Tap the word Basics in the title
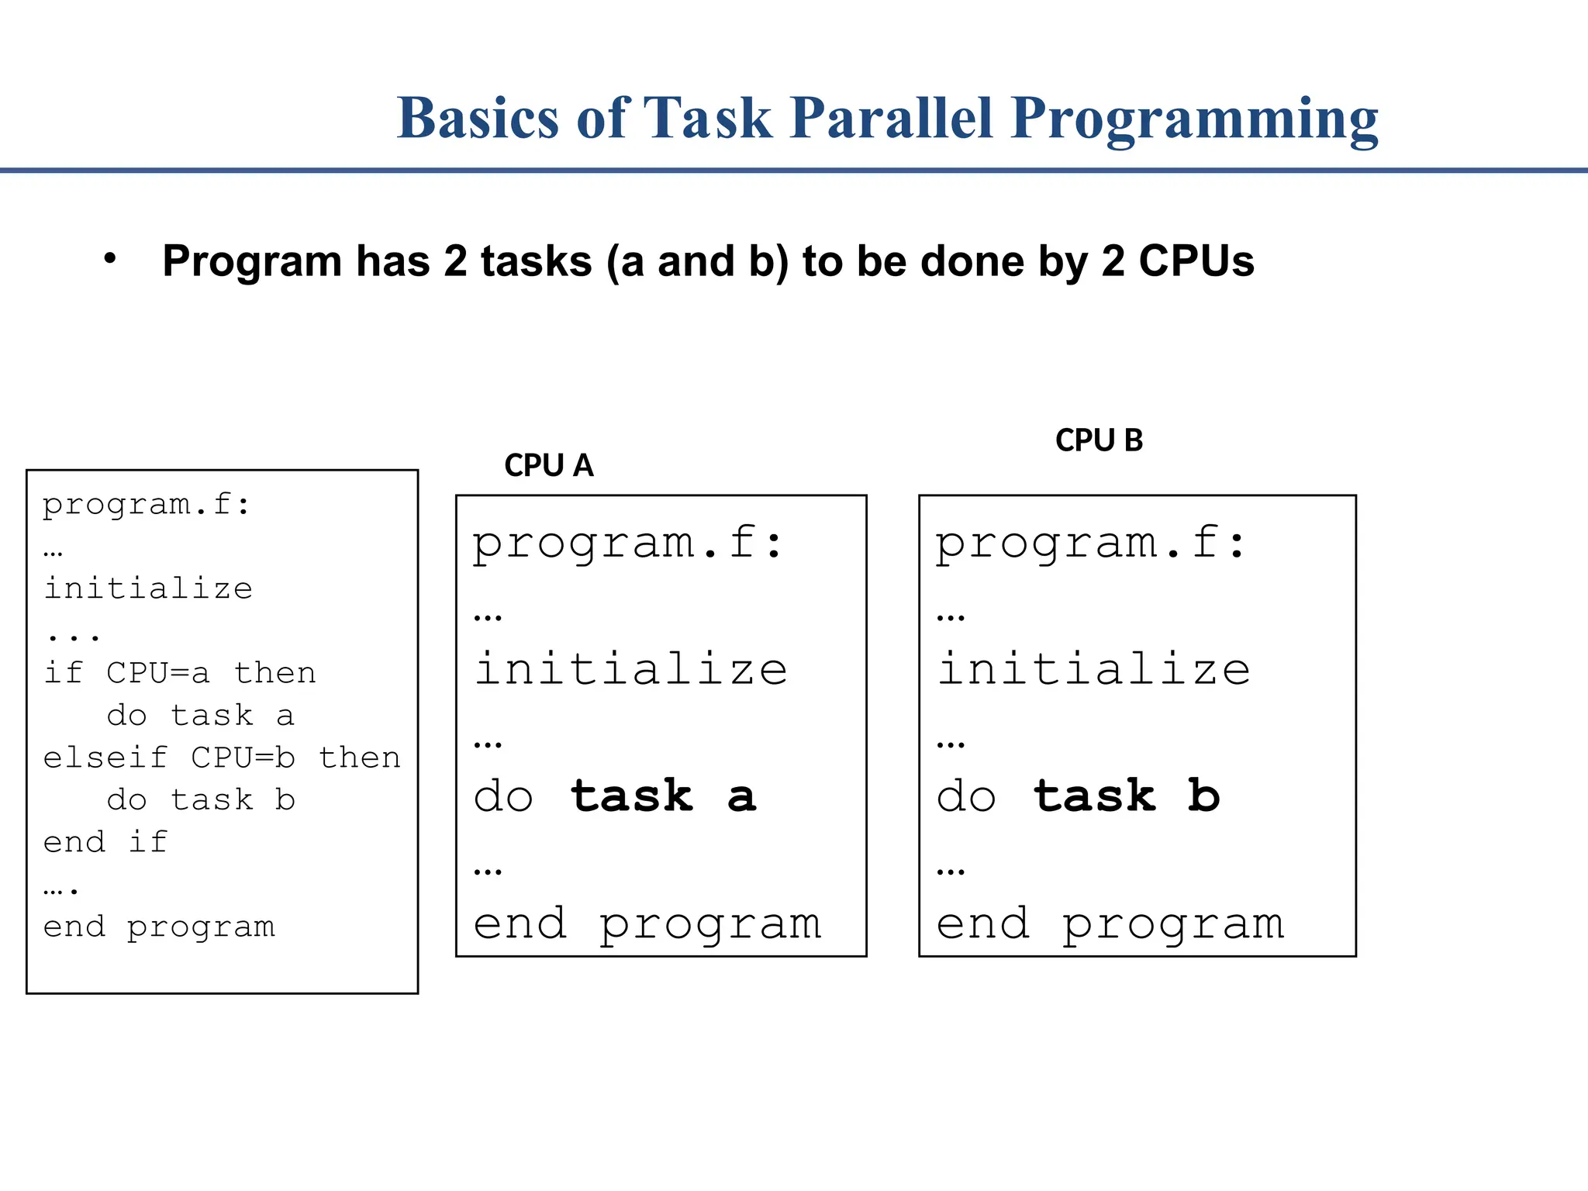click(x=478, y=119)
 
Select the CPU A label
click(x=548, y=465)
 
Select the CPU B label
click(x=1099, y=440)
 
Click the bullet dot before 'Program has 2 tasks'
click(x=110, y=259)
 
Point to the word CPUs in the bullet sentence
click(x=1196, y=261)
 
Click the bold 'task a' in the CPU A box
click(x=664, y=796)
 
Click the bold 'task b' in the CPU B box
click(x=1127, y=796)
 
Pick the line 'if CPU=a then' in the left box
click(x=180, y=673)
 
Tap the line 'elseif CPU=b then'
click(x=222, y=758)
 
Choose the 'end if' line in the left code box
click(x=105, y=842)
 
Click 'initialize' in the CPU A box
click(x=631, y=669)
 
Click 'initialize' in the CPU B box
click(x=1094, y=669)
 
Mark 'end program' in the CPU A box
click(x=647, y=924)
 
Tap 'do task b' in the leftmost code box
click(x=201, y=799)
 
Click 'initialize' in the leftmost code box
click(x=148, y=589)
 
